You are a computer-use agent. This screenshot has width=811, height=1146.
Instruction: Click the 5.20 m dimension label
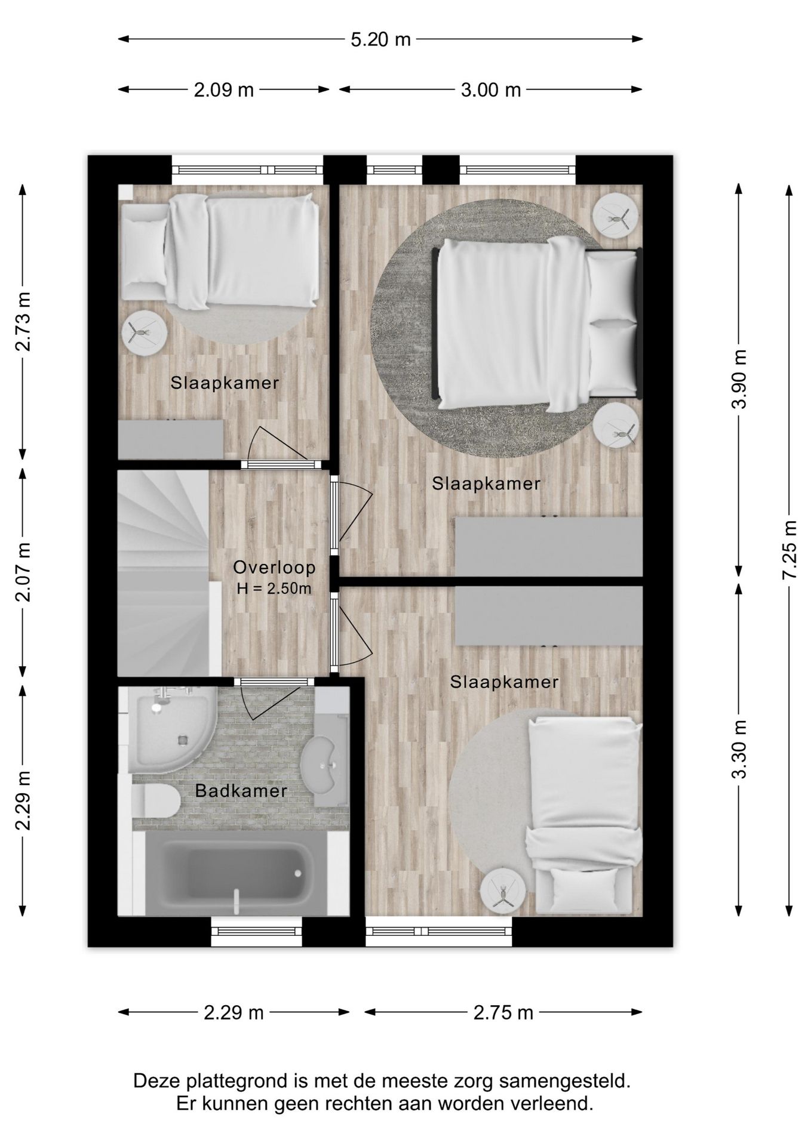380,39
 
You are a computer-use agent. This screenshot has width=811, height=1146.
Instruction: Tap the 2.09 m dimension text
224,90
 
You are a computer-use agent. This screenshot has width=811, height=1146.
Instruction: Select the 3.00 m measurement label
491,90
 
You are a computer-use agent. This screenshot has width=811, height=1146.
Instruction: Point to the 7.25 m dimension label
790,549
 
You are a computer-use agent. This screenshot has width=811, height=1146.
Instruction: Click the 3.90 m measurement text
739,379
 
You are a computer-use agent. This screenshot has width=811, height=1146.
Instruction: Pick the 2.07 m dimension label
23,572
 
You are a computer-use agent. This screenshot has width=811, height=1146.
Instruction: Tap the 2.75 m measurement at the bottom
503,1012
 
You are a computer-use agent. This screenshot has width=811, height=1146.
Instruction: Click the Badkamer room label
241,791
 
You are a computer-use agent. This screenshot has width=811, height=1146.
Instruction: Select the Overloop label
274,567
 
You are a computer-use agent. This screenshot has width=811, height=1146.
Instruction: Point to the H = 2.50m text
274,589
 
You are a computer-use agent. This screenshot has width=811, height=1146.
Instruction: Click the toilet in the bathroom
154,800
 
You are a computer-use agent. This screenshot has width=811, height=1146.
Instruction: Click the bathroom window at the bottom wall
257,931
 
